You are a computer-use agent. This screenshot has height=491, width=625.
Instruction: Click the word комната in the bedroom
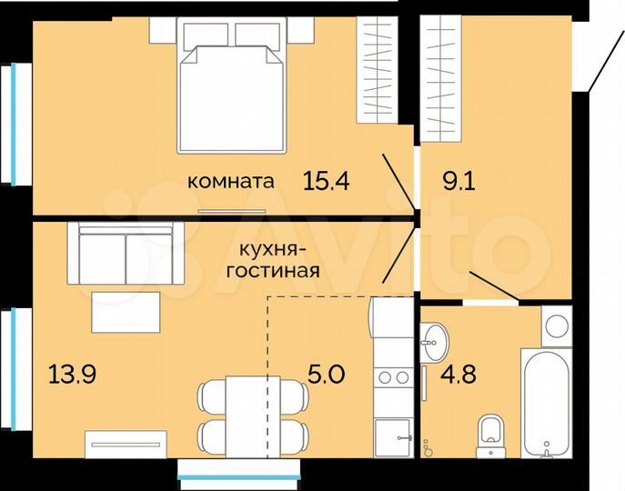click(x=230, y=182)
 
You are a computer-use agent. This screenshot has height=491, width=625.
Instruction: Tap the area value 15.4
click(x=328, y=182)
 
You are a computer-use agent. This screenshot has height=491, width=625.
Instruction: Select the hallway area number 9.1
click(x=459, y=181)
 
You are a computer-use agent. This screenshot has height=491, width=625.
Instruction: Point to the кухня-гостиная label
click(x=279, y=259)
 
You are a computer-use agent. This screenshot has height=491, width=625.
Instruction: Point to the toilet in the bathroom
click(x=491, y=434)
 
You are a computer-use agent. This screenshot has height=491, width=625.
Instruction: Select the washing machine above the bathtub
click(x=555, y=323)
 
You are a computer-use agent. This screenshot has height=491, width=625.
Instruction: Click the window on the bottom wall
click(x=238, y=472)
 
